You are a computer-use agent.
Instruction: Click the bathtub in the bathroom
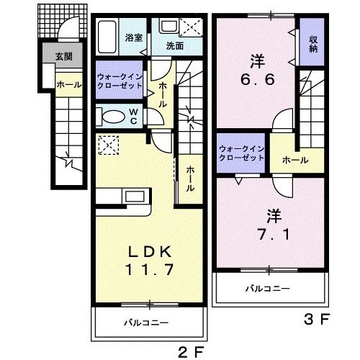click(x=109, y=35)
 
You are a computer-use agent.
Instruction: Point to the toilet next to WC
click(x=113, y=117)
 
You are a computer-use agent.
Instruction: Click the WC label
click(x=135, y=117)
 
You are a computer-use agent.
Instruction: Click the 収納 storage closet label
click(x=314, y=44)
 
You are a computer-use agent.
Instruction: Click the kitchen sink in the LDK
click(x=133, y=197)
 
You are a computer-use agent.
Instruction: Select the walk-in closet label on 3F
click(x=243, y=155)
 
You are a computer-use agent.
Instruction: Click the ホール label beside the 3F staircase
click(x=295, y=160)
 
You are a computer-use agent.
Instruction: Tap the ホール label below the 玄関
click(x=68, y=84)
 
